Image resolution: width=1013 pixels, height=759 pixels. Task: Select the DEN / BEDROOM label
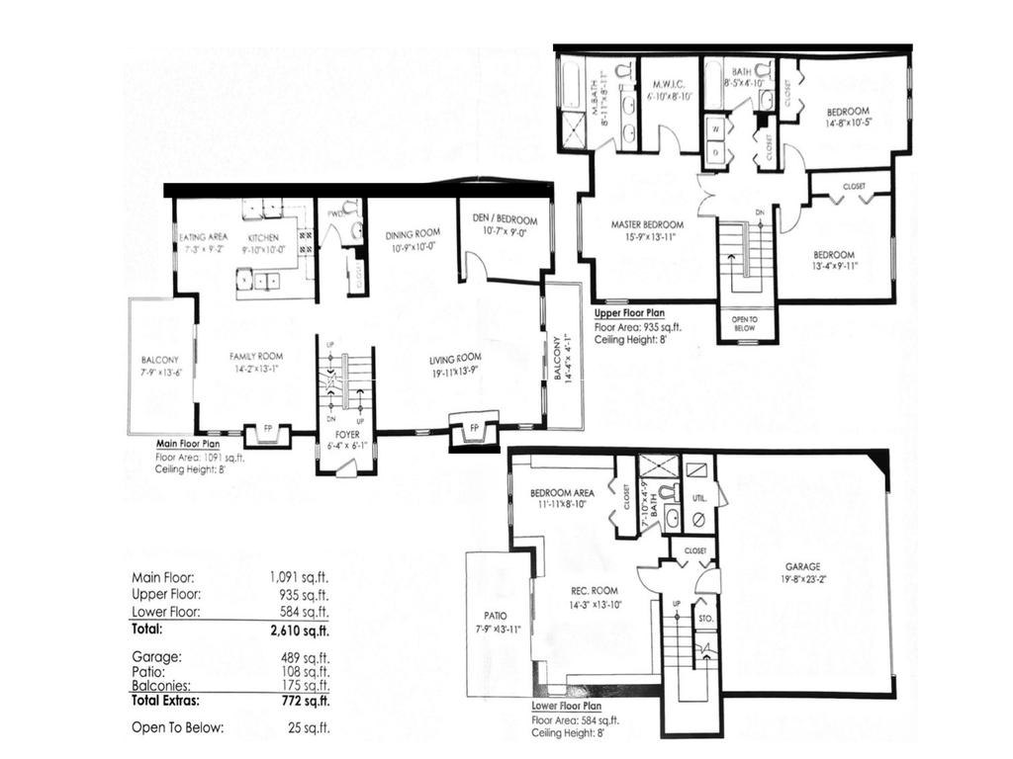pyautogui.click(x=505, y=219)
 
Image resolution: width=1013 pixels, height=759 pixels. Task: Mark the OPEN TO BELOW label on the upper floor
pyautogui.click(x=745, y=324)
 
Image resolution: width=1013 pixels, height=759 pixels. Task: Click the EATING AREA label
pyautogui.click(x=204, y=237)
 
